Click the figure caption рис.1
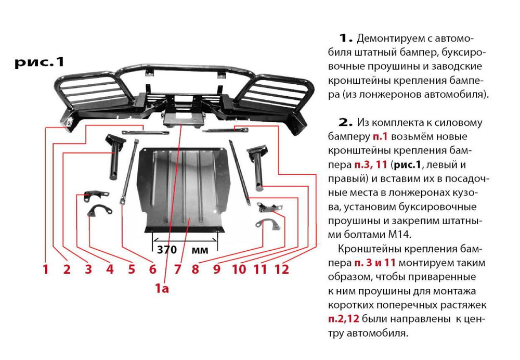pos(39,62)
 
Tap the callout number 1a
pos(162,288)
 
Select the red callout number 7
pos(177,269)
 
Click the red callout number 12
pos(282,269)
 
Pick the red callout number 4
pos(110,269)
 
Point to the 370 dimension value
pos(167,249)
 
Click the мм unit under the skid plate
pos(200,250)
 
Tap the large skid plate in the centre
pos(181,189)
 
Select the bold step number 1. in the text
pos(345,38)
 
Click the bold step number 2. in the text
pos(345,122)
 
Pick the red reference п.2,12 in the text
pos(344,319)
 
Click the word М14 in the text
pos(399,235)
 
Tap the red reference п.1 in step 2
pos(380,137)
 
